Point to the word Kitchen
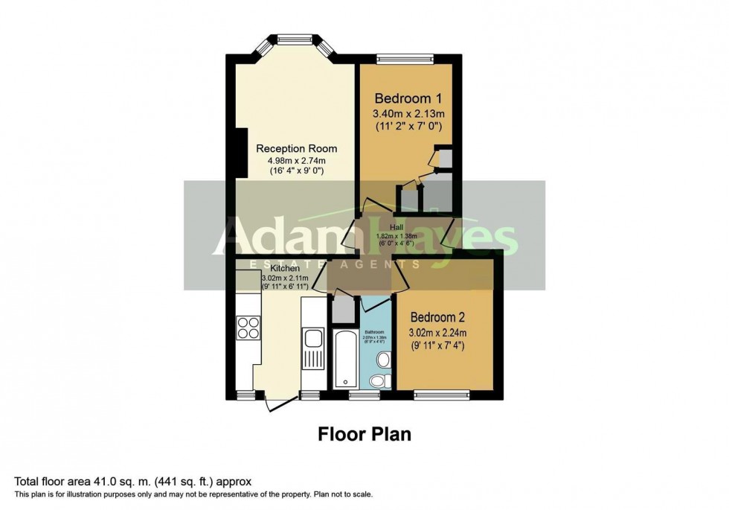pos(285,268)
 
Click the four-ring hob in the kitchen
pos(248,328)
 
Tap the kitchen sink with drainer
pos(312,347)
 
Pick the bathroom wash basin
pos(384,360)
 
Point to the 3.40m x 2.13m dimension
pos(408,114)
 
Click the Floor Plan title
pos(364,433)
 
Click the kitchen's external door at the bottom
pos(277,402)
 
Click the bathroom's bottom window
pos(364,394)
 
